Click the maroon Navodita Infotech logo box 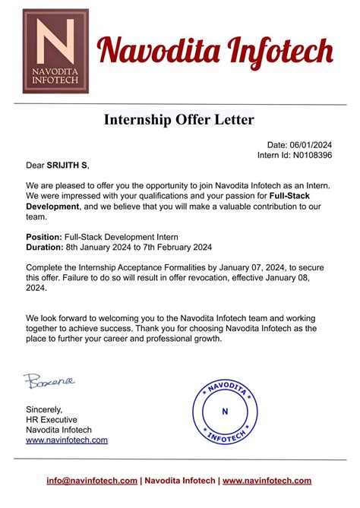click(x=55, y=51)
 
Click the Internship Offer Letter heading click(x=179, y=119)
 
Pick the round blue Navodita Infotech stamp click(x=224, y=412)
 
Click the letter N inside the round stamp click(x=224, y=412)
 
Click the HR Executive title click(x=53, y=420)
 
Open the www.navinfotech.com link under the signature click(x=67, y=440)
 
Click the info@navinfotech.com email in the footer click(x=92, y=481)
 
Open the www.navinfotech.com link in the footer click(x=267, y=481)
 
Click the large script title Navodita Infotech click(x=216, y=52)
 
